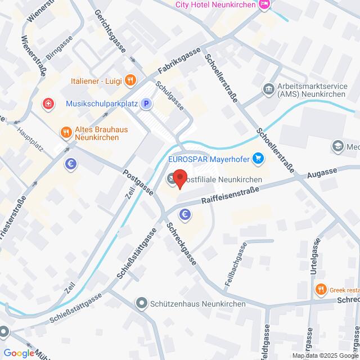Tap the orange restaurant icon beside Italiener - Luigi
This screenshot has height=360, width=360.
click(x=130, y=80)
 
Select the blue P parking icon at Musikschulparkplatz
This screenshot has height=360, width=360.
click(x=146, y=103)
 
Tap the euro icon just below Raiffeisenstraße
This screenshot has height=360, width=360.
click(x=184, y=214)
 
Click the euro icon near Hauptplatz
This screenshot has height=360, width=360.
click(x=70, y=164)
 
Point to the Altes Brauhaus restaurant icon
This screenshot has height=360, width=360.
click(x=66, y=133)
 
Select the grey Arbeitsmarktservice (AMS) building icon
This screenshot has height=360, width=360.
click(x=268, y=89)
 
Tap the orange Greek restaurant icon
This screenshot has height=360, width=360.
click(x=321, y=290)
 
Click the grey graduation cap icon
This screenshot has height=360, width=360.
click(x=337, y=146)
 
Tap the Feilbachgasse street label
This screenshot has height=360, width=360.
click(x=236, y=267)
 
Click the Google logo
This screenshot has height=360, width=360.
click(x=19, y=353)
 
